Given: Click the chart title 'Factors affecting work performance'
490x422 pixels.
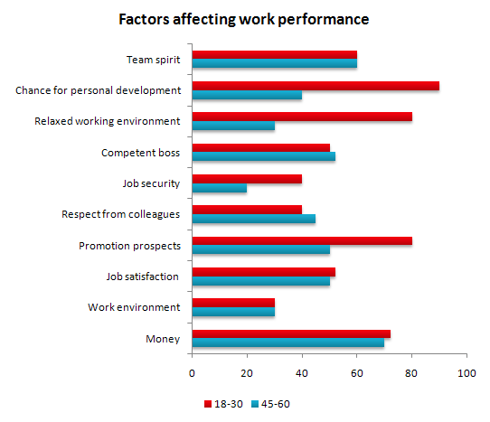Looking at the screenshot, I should [244, 18].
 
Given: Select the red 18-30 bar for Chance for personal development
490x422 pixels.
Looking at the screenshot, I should [316, 86].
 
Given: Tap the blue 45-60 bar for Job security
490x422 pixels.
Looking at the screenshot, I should [219, 189].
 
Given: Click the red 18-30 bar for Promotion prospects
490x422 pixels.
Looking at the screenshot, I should [302, 241].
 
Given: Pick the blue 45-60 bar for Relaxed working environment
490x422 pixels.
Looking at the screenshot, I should [233, 126].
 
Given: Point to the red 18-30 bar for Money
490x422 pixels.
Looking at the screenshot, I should [291, 334].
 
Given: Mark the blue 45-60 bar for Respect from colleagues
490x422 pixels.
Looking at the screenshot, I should [253, 220].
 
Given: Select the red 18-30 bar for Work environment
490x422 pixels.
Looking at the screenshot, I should [233, 304].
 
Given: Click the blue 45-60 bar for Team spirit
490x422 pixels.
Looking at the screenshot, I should [274, 64].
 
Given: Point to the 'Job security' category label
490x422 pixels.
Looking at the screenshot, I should [151, 183].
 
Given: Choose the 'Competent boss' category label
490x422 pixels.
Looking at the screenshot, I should [143, 153].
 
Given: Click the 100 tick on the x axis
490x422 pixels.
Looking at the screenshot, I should [466, 372].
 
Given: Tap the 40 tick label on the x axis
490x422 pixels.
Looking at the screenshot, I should [302, 372].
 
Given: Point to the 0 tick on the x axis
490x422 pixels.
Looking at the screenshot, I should [193, 372].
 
